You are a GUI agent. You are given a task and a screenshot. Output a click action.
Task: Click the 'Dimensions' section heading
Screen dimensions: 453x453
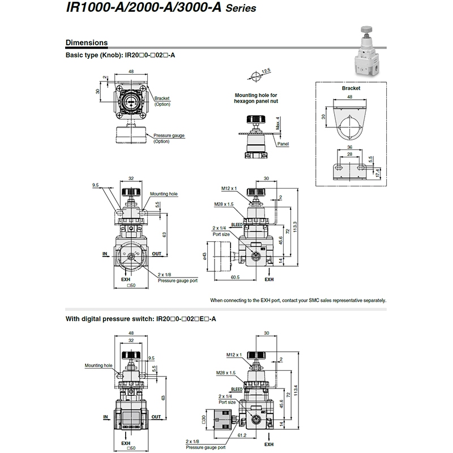coord(87,42)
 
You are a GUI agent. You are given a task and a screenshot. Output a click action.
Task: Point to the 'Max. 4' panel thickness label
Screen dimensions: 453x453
coord(277,122)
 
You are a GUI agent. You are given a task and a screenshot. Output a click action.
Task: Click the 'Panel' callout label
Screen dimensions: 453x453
coord(283,144)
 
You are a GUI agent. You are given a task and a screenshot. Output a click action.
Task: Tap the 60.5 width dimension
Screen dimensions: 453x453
coord(235,277)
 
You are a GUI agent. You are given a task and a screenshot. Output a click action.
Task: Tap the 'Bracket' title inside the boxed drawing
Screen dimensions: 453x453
coord(351,88)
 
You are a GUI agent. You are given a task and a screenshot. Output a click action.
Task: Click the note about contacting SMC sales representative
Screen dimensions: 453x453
coord(298,300)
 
